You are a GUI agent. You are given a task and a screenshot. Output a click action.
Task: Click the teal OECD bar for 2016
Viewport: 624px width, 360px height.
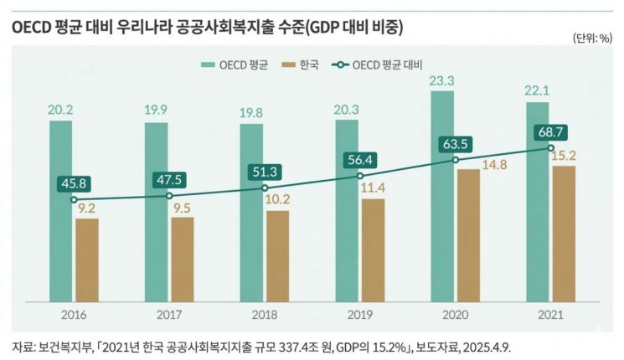point(60,209)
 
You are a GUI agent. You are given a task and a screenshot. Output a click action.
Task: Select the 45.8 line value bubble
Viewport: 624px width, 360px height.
point(73,183)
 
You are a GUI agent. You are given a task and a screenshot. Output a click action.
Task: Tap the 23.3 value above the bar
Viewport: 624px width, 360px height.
point(442,80)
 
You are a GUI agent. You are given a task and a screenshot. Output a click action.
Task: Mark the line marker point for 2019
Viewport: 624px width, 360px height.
point(360,176)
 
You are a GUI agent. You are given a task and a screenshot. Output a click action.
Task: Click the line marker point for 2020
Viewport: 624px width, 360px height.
point(456,160)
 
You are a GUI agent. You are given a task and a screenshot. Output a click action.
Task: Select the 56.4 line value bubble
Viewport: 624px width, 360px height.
point(359,159)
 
